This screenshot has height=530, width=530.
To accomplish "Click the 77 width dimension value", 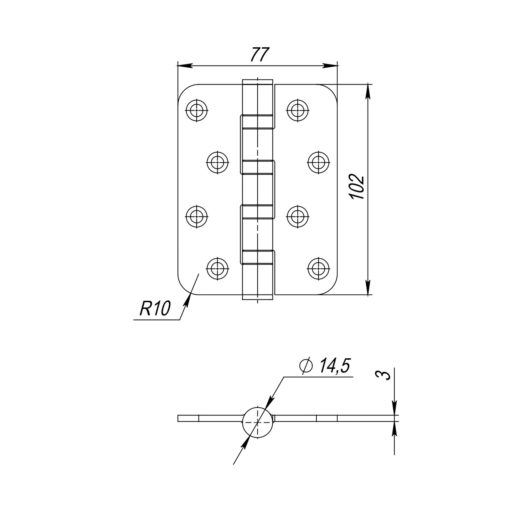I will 259,55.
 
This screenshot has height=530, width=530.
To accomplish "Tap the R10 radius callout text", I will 155,308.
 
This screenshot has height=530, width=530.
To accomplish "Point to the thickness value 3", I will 386,375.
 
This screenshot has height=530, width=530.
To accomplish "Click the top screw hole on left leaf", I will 196,110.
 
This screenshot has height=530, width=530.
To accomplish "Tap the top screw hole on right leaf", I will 298,110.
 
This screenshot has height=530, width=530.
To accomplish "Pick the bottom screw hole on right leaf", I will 319,268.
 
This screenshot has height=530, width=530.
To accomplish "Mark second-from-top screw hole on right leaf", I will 319,162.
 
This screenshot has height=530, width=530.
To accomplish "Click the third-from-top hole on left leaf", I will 196,216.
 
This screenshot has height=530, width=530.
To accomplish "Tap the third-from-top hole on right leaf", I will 298,216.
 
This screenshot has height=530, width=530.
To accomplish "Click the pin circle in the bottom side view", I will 258,422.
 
